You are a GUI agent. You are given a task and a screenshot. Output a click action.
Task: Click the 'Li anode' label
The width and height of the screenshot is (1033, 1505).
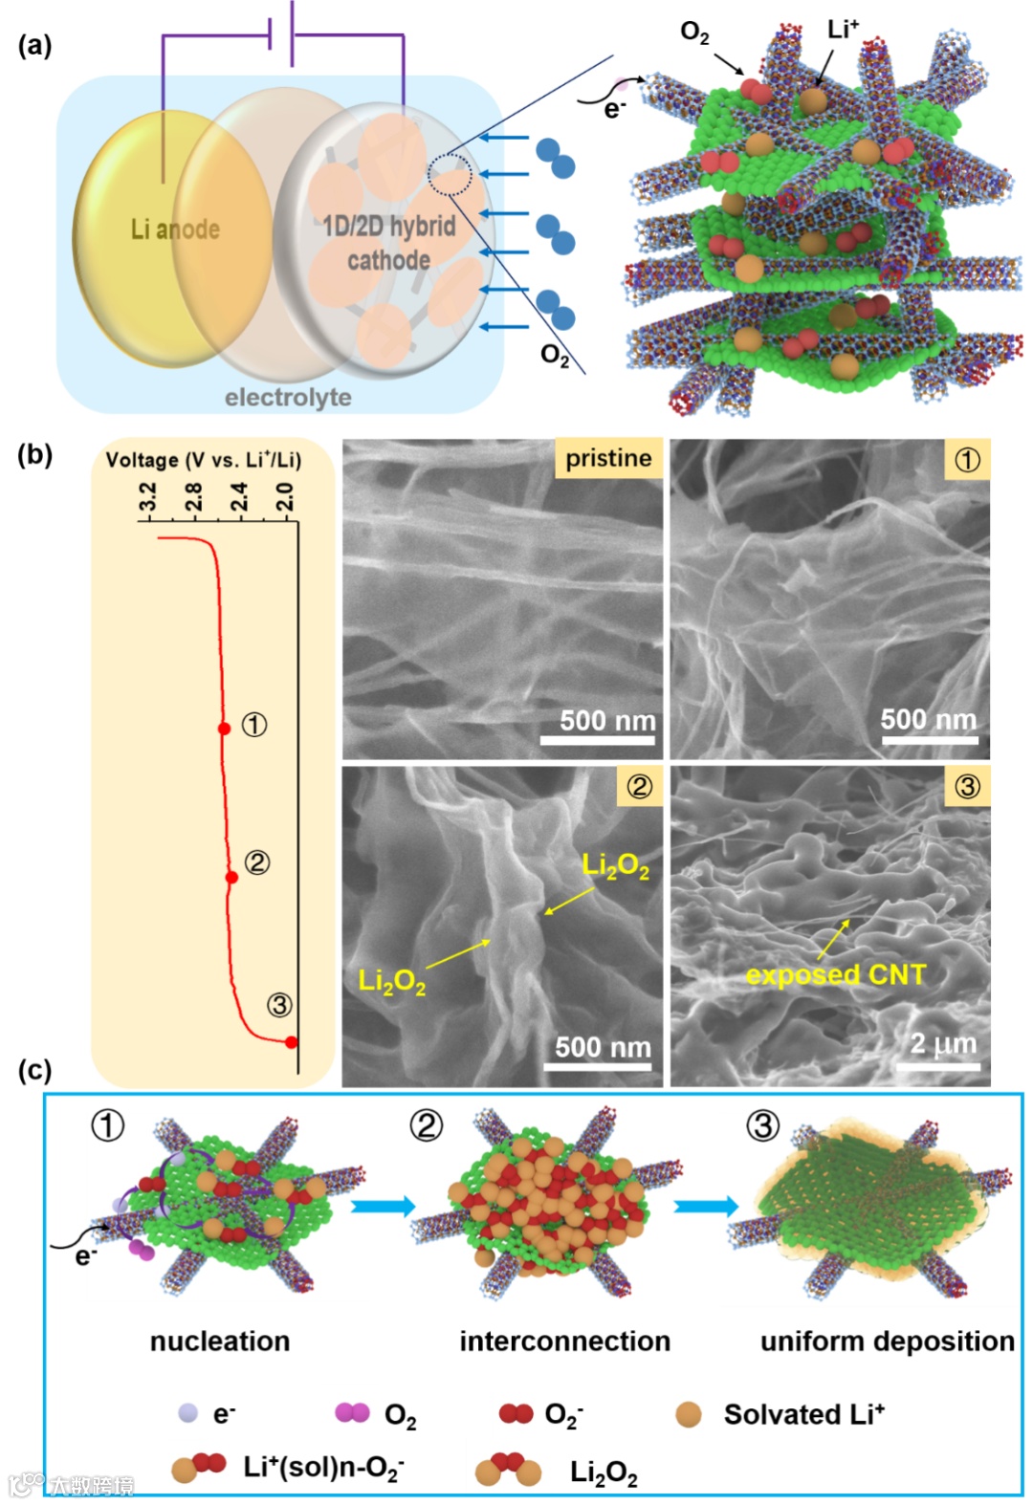(175, 229)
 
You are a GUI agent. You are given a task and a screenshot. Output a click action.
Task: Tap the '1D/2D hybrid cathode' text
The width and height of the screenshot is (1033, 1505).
(388, 243)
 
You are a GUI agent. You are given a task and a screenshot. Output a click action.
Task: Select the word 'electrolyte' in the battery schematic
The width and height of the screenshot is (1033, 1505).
(288, 397)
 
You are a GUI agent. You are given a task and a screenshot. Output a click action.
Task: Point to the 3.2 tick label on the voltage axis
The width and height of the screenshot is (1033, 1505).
(147, 497)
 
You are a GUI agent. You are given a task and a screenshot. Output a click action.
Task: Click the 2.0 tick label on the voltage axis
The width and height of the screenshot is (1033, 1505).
(285, 497)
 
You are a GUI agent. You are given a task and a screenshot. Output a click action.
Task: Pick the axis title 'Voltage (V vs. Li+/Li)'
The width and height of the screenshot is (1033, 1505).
(203, 460)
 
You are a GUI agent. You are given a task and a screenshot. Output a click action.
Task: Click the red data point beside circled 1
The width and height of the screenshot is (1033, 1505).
(224, 729)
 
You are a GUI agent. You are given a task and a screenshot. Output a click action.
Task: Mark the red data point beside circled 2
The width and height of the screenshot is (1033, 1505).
(231, 877)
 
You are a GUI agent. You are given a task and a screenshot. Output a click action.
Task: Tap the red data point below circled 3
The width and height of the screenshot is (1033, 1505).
(292, 1042)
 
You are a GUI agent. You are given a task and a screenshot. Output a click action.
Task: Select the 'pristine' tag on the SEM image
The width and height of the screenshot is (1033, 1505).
(608, 458)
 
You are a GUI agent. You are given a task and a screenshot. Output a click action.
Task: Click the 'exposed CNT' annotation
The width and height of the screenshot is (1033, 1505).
(836, 974)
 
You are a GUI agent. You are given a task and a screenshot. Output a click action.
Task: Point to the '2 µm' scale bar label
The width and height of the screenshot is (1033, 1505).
(943, 1043)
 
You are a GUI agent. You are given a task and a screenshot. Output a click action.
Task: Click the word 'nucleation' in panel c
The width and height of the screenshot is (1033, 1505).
(220, 1341)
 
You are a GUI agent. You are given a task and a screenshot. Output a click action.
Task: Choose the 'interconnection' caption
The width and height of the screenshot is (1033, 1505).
(564, 1341)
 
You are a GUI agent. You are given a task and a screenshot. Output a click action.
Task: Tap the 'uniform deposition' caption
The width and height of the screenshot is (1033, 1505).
(887, 1341)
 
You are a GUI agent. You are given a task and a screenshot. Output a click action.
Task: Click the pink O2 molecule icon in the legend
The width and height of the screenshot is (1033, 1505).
(352, 1412)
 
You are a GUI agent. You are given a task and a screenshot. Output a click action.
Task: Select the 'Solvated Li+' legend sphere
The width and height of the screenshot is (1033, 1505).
(688, 1414)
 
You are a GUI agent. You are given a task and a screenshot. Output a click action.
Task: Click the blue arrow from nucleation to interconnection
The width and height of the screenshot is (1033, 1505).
(383, 1206)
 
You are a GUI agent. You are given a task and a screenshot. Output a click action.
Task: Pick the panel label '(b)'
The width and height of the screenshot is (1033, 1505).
(34, 454)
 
